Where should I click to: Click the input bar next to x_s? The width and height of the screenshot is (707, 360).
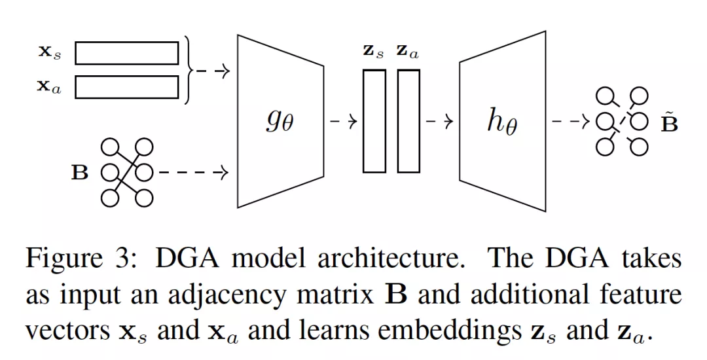point(126,53)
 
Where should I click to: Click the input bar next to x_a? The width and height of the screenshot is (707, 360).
point(126,87)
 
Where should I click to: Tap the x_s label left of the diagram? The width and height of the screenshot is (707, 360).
point(48,52)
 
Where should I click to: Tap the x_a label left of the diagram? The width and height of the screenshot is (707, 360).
point(48,87)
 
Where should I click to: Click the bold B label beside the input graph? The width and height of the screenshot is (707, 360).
point(79,173)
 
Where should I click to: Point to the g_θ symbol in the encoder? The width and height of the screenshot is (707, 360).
point(280,121)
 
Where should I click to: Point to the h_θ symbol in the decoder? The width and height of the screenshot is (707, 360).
point(501,121)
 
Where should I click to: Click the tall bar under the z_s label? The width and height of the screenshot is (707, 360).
point(374,121)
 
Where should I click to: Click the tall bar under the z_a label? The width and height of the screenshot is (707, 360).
point(408,121)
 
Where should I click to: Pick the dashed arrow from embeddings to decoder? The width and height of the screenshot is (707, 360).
point(439,121)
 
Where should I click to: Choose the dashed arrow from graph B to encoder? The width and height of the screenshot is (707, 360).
point(193,173)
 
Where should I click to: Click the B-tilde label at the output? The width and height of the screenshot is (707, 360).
point(668,121)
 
